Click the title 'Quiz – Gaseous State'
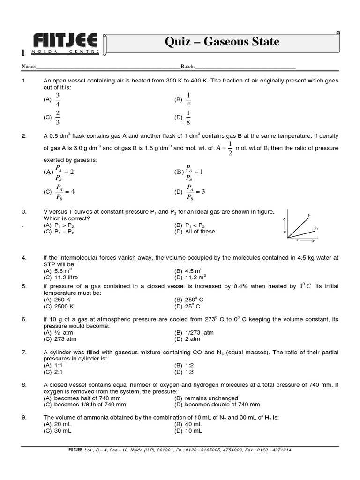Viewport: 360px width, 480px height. [222, 42]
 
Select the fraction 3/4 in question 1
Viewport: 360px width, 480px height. [58, 99]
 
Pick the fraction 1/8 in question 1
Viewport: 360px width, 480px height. [188, 118]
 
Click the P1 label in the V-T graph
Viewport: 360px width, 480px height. [310, 215]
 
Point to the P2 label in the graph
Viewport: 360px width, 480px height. [316, 228]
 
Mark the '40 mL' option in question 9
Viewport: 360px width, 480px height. [194, 424]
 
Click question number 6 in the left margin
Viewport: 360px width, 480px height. [24, 319]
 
